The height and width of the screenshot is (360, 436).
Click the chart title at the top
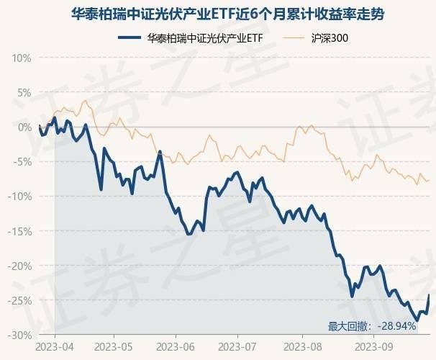(218, 12)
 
